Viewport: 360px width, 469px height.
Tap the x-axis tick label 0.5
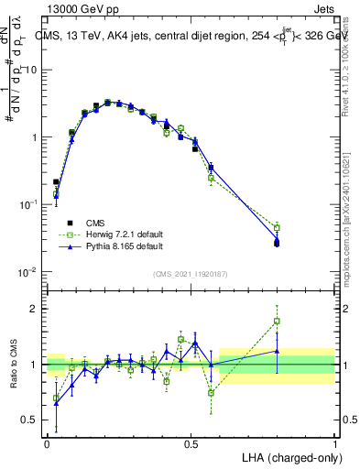[191, 441]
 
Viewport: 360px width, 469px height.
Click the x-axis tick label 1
[334, 441]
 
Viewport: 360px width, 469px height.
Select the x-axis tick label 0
[47, 441]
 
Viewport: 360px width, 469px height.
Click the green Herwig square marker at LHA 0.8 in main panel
[278, 227]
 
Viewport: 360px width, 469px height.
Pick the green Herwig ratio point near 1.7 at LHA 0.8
[278, 322]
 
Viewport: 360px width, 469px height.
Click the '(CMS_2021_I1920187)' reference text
[191, 274]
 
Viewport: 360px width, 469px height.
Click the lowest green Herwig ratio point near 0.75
[212, 393]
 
